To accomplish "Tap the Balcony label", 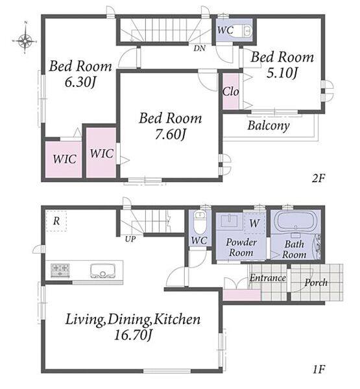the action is (x=269, y=126).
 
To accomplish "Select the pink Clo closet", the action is (x=231, y=91).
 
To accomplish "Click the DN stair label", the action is (x=200, y=48).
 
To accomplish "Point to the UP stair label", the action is (x=130, y=239).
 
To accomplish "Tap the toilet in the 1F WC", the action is (x=200, y=222).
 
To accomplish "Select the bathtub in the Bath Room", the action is (x=294, y=221).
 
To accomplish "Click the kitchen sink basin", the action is (x=103, y=270).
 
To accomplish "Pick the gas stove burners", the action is (x=60, y=270).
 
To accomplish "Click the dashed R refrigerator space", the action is (x=56, y=221).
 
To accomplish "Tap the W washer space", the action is (x=254, y=223).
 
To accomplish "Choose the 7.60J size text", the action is (x=171, y=135).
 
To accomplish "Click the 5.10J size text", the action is (x=282, y=73).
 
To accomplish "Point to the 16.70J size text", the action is (x=133, y=335).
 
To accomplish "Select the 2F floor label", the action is (x=318, y=178).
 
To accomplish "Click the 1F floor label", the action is (x=318, y=370).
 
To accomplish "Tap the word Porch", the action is (x=316, y=283).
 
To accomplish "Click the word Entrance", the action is (x=268, y=278).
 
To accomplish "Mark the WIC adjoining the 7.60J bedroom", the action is (x=101, y=152).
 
